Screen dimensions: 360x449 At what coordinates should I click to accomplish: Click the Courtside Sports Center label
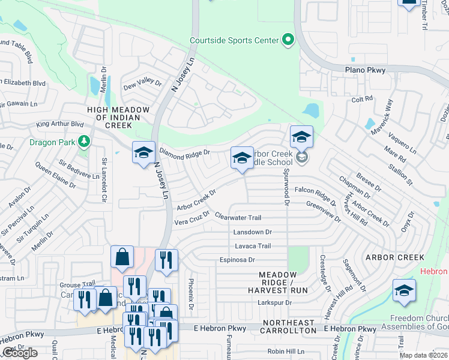point(234,40)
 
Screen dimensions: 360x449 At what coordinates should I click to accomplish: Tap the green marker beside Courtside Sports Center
point(288,40)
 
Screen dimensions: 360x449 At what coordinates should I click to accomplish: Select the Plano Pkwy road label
point(365,70)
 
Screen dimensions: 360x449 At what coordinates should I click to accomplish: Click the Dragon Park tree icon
point(85,142)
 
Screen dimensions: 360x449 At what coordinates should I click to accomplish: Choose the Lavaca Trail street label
point(253,246)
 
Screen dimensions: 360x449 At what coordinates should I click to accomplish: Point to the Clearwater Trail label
point(238,218)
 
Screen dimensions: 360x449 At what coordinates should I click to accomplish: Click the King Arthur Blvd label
point(59,124)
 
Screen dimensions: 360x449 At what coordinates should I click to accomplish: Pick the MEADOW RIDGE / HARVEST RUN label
point(283,282)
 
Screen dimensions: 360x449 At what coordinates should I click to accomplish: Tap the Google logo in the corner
point(20,353)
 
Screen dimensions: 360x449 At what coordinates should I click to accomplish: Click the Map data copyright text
point(423,355)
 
